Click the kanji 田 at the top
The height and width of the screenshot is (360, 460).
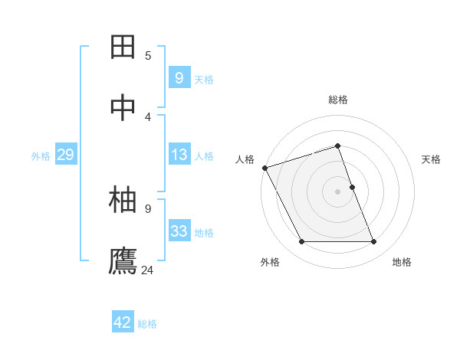click(123, 47)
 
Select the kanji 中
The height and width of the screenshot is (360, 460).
click(123, 109)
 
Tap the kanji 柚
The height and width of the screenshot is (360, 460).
click(123, 201)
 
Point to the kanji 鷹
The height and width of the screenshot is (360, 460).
click(123, 260)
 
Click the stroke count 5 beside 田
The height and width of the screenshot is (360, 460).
click(148, 55)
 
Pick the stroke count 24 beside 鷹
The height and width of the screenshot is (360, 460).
click(148, 270)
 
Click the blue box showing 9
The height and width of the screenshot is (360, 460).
click(179, 77)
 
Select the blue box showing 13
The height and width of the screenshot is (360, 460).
click(179, 155)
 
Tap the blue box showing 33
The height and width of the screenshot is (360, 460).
click(179, 231)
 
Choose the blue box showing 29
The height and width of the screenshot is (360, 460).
click(65, 155)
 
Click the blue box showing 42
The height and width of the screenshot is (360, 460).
click(123, 322)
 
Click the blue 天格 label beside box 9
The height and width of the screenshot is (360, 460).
click(204, 79)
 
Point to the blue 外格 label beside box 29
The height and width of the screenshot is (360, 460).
click(41, 156)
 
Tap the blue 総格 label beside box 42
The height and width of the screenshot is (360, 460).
click(147, 324)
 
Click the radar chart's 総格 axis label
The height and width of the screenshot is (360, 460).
click(338, 100)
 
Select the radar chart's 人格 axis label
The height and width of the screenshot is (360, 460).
click(245, 159)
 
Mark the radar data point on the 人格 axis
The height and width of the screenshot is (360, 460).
click(264, 168)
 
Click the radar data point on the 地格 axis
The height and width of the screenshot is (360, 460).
click(374, 242)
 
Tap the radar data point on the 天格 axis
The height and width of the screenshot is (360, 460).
click(352, 187)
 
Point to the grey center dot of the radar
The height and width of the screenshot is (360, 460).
click(338, 191)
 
